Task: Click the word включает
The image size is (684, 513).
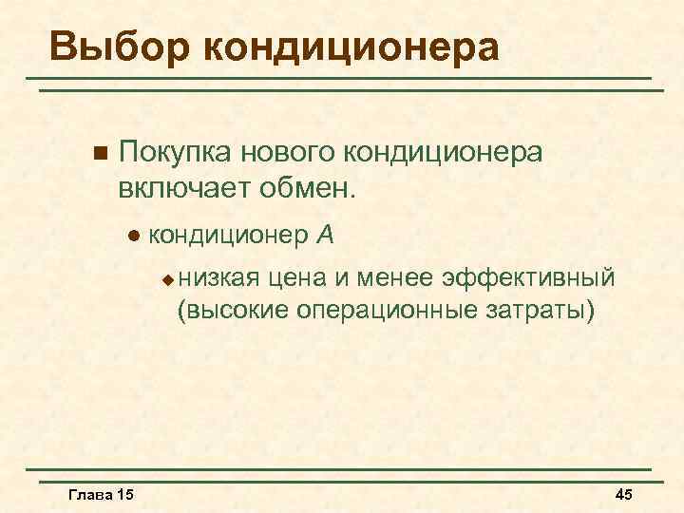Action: (178, 186)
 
